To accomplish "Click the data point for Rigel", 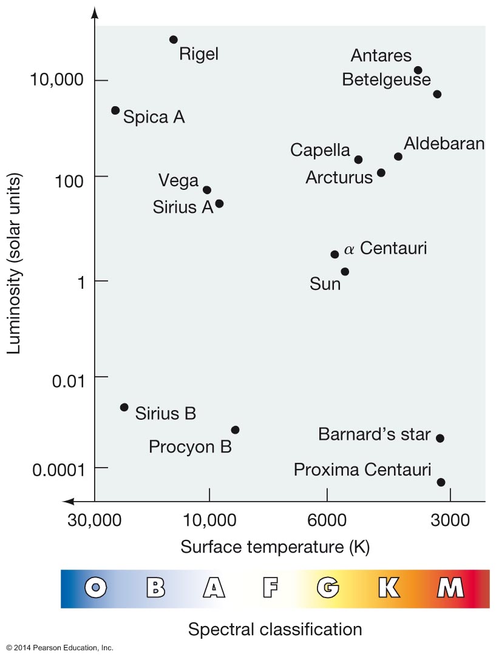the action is [x=173, y=39].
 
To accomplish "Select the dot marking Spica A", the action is [x=115, y=110].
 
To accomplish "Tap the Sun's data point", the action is [x=345, y=272].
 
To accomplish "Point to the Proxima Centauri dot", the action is [x=441, y=482].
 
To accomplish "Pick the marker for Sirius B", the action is [x=124, y=407].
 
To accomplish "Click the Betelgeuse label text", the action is [x=386, y=79].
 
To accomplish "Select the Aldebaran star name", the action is [x=444, y=144].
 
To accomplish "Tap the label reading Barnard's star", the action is [x=374, y=434].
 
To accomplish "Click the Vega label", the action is [x=178, y=181].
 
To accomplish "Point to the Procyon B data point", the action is [x=235, y=429].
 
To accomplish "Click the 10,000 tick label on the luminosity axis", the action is [x=56, y=79].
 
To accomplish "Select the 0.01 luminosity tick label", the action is [x=68, y=381].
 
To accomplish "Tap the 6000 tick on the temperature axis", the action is [x=327, y=520].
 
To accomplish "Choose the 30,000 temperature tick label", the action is [x=94, y=520].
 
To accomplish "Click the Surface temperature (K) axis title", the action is [x=275, y=547].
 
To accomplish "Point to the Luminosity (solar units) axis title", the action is [x=13, y=264].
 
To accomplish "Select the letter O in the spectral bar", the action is [x=96, y=587].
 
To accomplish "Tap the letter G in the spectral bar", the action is [x=328, y=587].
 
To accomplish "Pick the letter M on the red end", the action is [x=450, y=587].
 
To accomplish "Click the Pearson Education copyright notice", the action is [x=60, y=648].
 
